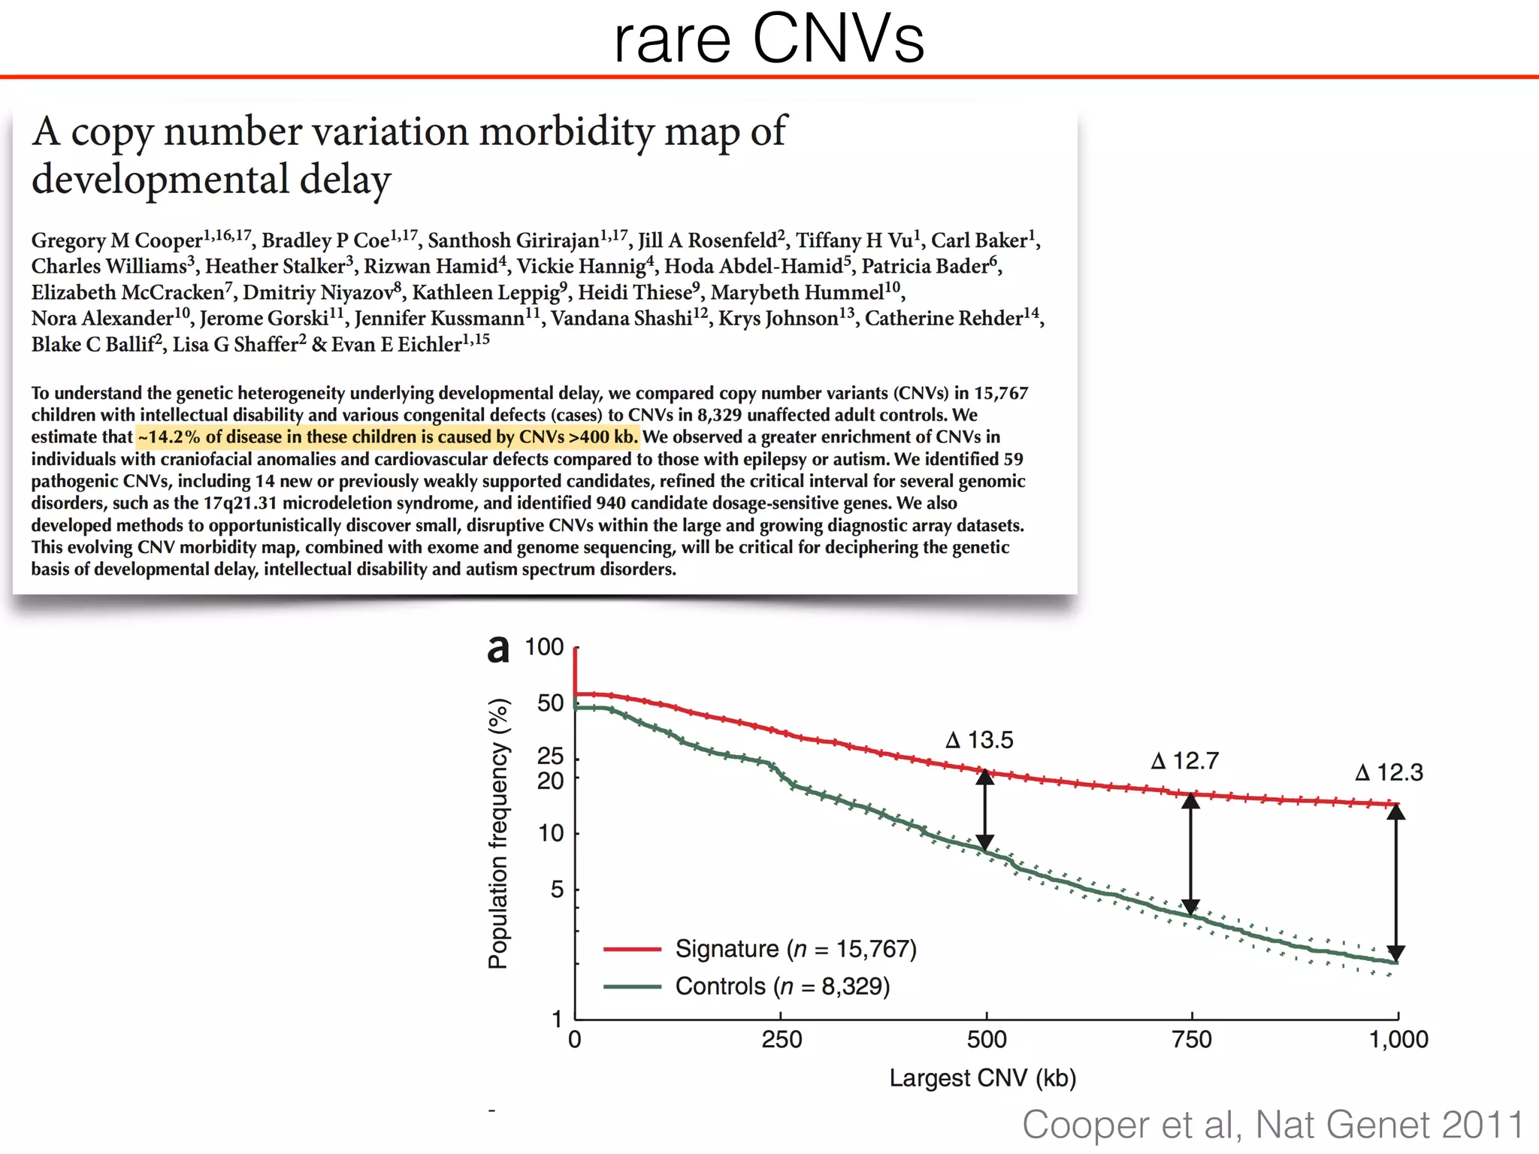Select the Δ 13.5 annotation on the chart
979,740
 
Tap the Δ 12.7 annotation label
1184,761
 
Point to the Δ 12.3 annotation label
1389,772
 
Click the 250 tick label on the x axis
782,1040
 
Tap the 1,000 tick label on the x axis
1398,1040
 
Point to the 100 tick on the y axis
544,647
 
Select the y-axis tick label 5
557,890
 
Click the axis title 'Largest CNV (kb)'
982,1078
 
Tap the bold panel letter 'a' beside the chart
497,649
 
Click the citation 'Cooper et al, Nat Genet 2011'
1272,1125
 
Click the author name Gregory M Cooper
117,240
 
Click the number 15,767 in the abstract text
1001,393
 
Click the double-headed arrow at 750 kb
1190,854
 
